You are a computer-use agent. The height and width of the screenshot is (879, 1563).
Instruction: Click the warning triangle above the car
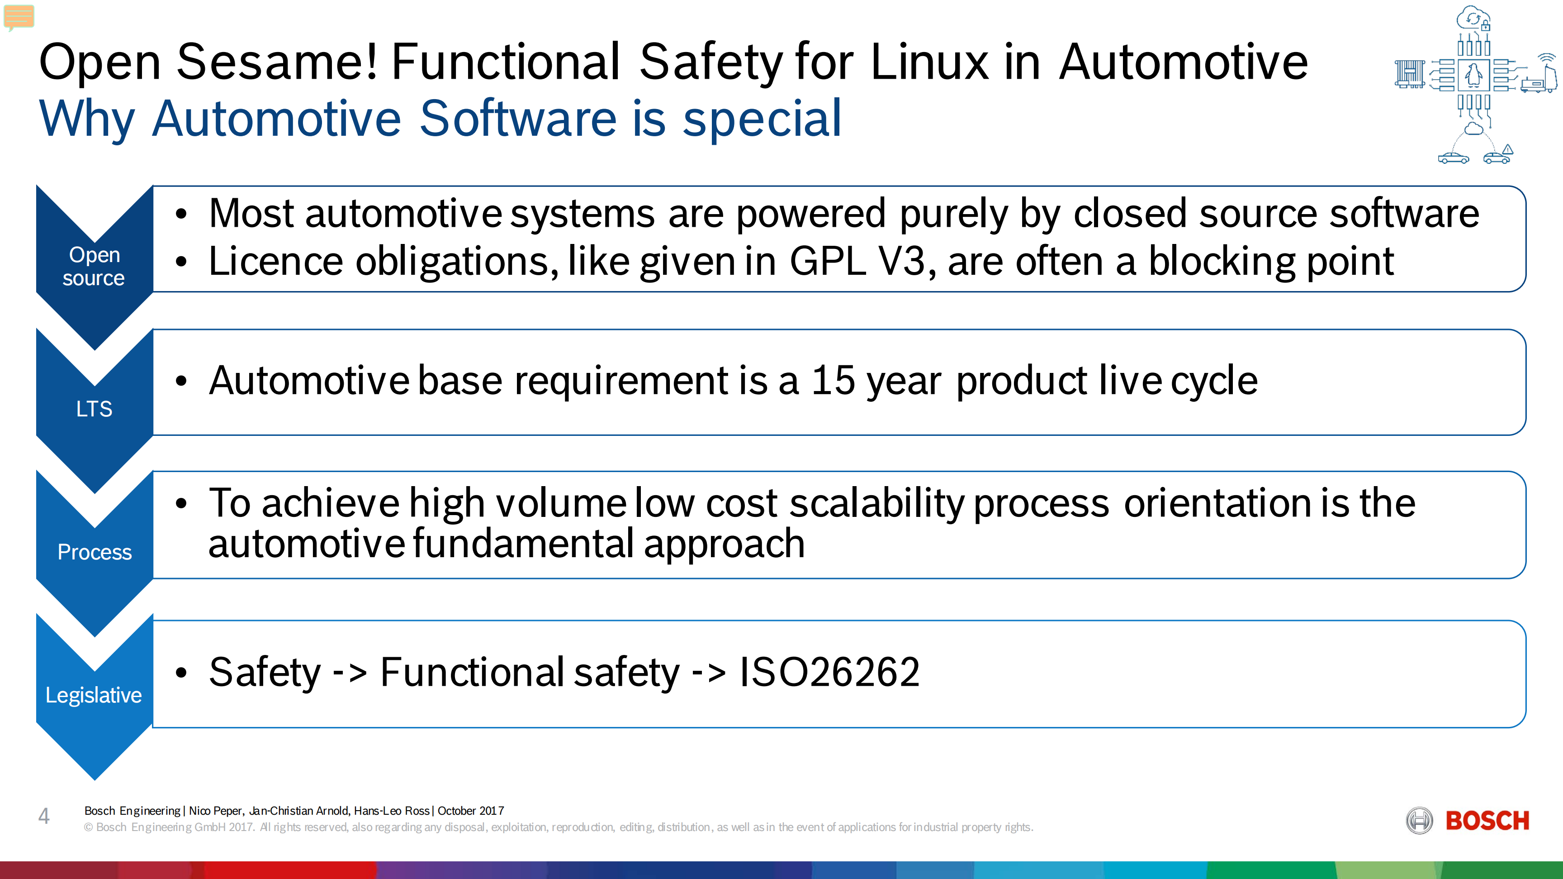(1508, 149)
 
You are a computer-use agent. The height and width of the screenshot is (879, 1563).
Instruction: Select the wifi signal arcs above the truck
(1547, 58)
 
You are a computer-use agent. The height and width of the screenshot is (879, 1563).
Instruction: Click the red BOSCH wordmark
(1487, 821)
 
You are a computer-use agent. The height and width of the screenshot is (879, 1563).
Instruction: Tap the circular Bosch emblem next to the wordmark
(1419, 821)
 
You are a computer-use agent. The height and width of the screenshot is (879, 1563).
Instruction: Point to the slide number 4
(44, 816)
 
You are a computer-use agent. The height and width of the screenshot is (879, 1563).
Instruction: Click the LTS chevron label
(94, 409)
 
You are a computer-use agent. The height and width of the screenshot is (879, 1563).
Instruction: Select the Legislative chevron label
(94, 696)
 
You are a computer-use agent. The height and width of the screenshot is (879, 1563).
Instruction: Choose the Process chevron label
(95, 552)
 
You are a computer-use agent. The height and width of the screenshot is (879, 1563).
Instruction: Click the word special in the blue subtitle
(763, 119)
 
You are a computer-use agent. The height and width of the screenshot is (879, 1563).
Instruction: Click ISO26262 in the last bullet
(829, 673)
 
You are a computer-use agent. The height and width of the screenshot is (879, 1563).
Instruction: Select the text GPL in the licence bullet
(828, 262)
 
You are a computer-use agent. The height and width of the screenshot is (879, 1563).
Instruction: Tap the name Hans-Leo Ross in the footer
(391, 811)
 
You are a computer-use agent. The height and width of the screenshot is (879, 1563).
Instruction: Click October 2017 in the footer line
(471, 811)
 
